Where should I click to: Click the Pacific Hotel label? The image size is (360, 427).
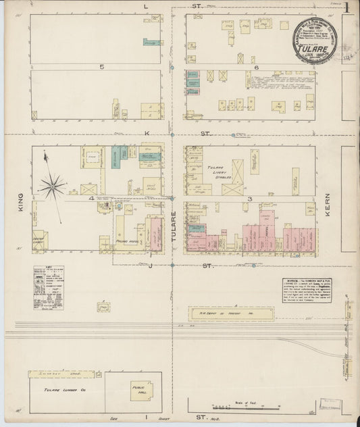tap(128, 243)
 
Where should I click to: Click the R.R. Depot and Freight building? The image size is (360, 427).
tap(233, 313)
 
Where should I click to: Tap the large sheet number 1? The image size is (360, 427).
tap(346, 9)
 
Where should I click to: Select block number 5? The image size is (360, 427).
tap(101, 67)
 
